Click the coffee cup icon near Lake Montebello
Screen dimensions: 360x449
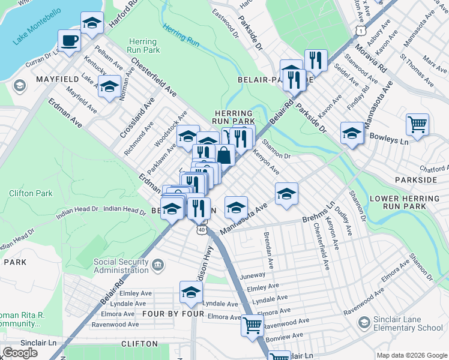pyautogui.click(x=69, y=41)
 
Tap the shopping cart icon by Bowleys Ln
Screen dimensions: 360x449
pyautogui.click(x=417, y=125)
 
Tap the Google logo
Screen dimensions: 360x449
pyautogui.click(x=20, y=353)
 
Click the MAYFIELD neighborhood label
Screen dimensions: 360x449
pyautogui.click(x=58, y=79)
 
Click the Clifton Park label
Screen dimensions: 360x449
pyautogui.click(x=31, y=193)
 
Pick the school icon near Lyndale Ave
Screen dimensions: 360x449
pyautogui.click(x=191, y=292)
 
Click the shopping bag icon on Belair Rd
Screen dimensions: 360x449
pyautogui.click(x=224, y=155)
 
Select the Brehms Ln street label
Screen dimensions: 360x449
pyautogui.click(x=318, y=214)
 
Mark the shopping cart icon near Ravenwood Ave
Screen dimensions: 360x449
pyautogui.click(x=253, y=326)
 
